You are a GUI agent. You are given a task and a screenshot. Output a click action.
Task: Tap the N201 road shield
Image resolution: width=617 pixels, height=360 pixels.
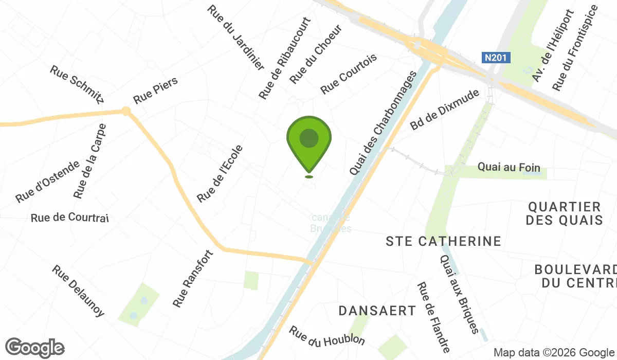(x=497, y=58)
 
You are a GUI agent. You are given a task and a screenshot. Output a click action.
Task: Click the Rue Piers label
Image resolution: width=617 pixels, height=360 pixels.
(x=155, y=90)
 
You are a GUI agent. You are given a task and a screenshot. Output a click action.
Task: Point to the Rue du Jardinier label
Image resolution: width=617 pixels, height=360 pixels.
(x=236, y=38)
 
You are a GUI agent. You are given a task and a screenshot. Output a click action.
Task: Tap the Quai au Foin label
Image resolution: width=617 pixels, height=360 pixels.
(x=501, y=167)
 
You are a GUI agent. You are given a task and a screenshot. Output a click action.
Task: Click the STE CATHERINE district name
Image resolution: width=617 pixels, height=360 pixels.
(x=443, y=241)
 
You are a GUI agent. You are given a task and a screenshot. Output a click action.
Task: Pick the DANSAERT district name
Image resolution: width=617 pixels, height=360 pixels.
(x=377, y=311)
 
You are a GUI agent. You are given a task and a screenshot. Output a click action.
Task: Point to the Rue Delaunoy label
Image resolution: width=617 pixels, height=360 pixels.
(x=79, y=291)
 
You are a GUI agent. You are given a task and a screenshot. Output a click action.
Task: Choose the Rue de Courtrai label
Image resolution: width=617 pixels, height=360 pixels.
(x=70, y=218)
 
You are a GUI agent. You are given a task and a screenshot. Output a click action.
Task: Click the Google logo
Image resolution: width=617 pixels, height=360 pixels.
(x=35, y=348)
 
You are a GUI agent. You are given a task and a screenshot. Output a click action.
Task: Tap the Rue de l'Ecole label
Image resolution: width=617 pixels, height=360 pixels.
(x=220, y=173)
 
